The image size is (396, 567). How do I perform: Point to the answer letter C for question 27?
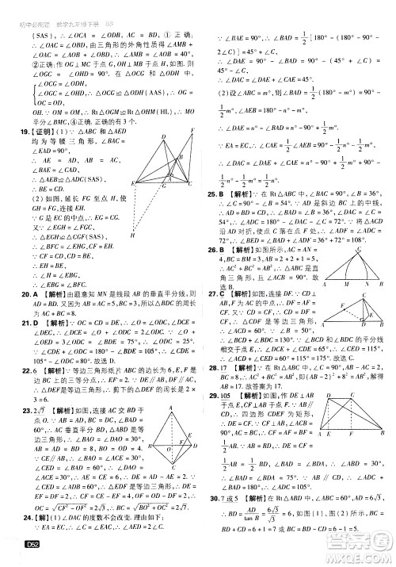pos(223,293)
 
